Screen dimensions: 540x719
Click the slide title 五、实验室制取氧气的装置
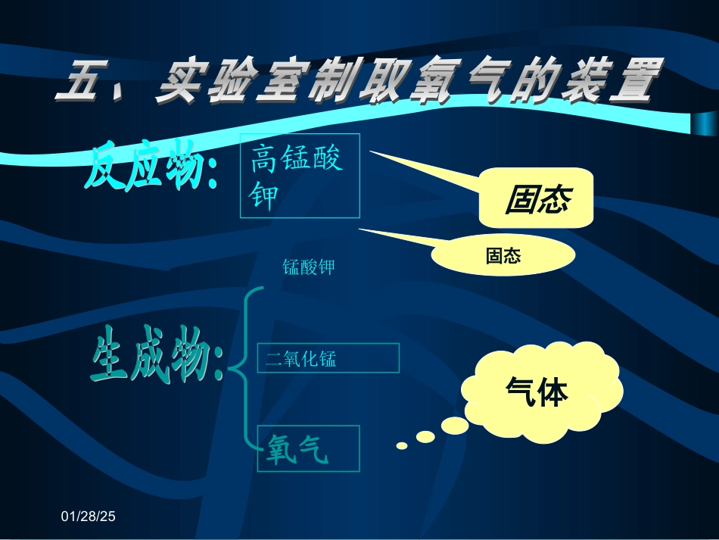click(354, 83)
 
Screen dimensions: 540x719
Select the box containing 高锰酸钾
click(300, 176)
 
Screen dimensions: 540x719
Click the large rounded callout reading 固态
click(537, 198)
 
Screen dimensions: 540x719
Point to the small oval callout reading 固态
click(503, 256)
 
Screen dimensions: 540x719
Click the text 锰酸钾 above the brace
click(308, 267)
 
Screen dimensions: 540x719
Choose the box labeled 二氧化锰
click(328, 358)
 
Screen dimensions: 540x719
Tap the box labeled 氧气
click(308, 448)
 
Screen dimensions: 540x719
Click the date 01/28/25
click(88, 517)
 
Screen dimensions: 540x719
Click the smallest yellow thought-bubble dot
click(402, 445)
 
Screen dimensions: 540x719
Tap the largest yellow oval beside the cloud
click(455, 426)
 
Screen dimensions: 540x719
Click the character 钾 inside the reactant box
click(263, 196)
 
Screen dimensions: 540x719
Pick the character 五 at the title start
click(82, 82)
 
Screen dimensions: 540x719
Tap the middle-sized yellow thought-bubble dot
click(425, 437)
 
